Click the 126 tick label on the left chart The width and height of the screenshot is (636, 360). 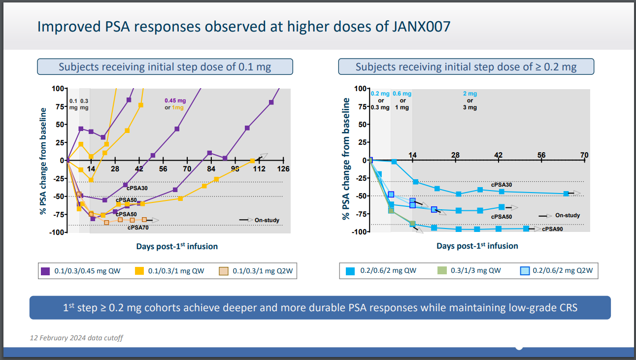click(x=283, y=169)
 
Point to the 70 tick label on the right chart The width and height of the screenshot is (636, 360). click(x=584, y=156)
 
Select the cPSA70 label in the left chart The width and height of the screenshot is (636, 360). click(x=138, y=228)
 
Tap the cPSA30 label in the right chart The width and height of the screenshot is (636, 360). click(x=502, y=185)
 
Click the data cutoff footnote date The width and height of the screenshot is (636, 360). click(x=76, y=338)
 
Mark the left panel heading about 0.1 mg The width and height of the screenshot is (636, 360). click(x=165, y=66)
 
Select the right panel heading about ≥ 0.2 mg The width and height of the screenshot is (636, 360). click(x=466, y=66)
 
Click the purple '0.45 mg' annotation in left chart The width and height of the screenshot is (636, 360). click(x=174, y=101)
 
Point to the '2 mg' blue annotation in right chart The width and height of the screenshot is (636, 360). click(x=469, y=94)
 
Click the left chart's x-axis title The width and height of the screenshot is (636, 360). click(x=177, y=246)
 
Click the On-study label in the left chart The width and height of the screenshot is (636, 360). click(x=267, y=220)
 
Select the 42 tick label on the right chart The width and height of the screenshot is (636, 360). click(x=498, y=156)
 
